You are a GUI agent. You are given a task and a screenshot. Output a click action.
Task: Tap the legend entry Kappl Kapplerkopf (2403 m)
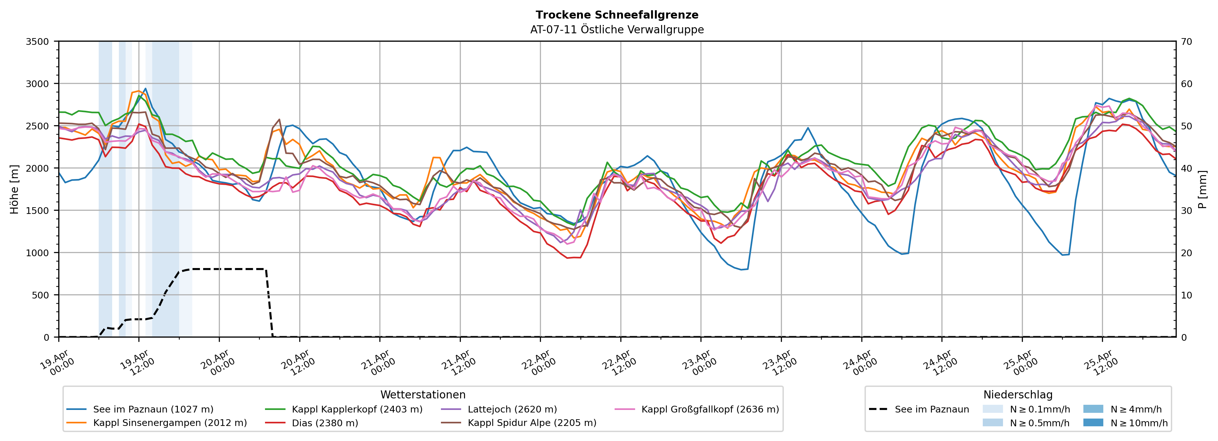[x=357, y=409]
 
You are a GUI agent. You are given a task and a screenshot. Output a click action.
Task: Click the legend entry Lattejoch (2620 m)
[x=512, y=409]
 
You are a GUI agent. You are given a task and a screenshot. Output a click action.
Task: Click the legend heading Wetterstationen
[x=423, y=395]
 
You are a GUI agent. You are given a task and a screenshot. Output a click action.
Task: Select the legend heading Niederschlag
[x=1017, y=395]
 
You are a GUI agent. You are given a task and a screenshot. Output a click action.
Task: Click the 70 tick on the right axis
[x=1186, y=42]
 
